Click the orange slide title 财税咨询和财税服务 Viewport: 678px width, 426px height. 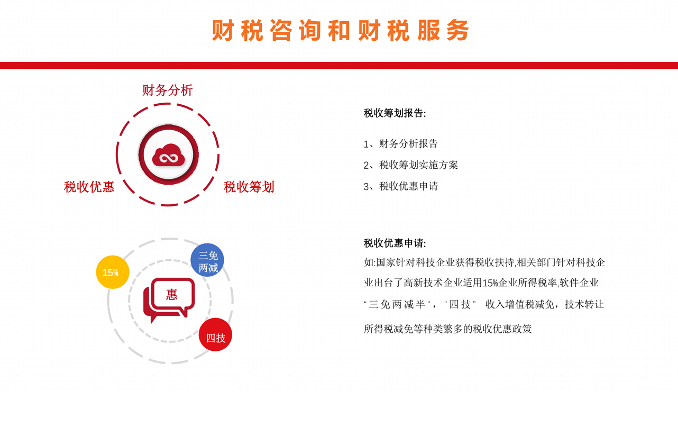(340, 30)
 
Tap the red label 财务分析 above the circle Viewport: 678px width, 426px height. (167, 90)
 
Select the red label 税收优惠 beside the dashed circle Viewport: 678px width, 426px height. (89, 187)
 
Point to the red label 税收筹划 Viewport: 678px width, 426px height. (249, 187)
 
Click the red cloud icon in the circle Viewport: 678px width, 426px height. (168, 155)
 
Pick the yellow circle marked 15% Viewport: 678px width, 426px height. (113, 272)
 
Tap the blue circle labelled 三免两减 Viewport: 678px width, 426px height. (207, 260)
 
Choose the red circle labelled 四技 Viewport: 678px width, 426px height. (215, 334)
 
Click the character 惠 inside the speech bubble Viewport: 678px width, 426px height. (172, 294)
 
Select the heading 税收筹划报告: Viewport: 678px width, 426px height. (395, 113)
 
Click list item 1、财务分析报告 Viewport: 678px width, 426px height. (401, 143)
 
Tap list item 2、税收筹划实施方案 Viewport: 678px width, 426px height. (411, 165)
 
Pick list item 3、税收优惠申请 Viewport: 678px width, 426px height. (401, 186)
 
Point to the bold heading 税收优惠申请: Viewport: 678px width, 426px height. (395, 243)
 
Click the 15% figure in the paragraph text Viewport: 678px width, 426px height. (490, 283)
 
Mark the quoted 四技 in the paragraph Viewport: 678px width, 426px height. (460, 304)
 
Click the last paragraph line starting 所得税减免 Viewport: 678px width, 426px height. (447, 329)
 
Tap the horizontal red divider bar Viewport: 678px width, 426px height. (339, 66)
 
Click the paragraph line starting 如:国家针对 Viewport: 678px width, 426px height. (484, 262)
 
